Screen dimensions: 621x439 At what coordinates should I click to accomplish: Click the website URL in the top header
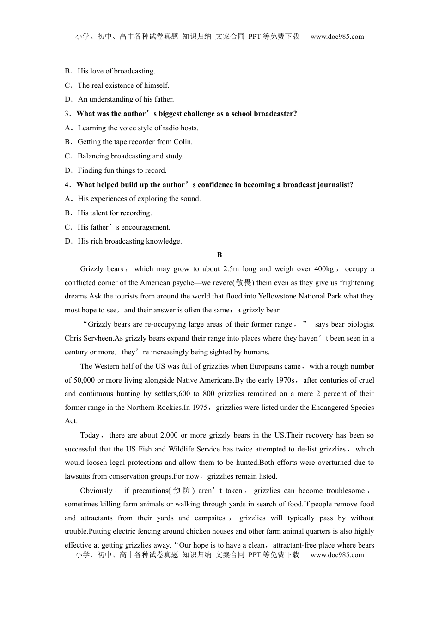[x=337, y=37]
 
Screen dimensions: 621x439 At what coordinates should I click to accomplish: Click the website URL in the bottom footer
[x=337, y=555]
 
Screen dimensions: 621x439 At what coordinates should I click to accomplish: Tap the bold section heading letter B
[x=219, y=255]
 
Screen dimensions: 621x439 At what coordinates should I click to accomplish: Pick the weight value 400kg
[x=323, y=269]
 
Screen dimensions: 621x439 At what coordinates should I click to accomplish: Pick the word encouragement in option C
[x=146, y=227]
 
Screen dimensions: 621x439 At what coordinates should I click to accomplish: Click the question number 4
[x=67, y=185]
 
